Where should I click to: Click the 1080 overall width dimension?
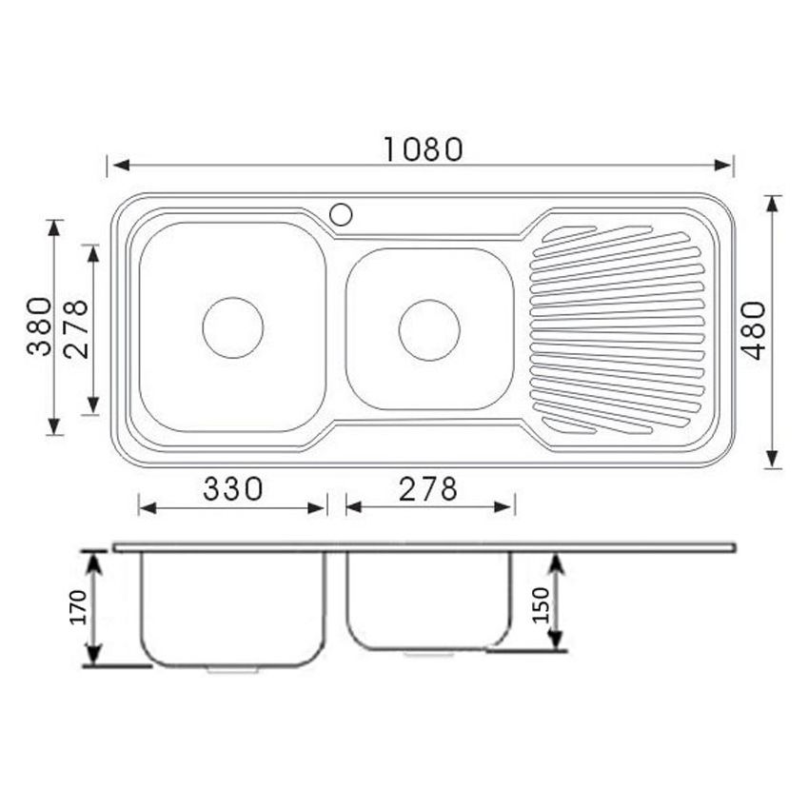point(423,149)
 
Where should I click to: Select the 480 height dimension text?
point(754,330)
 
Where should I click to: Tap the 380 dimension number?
point(39,326)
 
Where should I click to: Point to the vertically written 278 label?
point(75,328)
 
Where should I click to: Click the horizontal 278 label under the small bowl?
point(427,489)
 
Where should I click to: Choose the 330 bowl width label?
point(232,489)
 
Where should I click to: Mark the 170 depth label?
point(77,607)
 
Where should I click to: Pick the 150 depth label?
point(541,604)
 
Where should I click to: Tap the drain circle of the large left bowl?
point(232,327)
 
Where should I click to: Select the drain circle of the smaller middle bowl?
point(429,330)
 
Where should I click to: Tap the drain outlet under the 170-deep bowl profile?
point(232,669)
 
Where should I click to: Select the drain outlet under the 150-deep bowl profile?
point(429,654)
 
